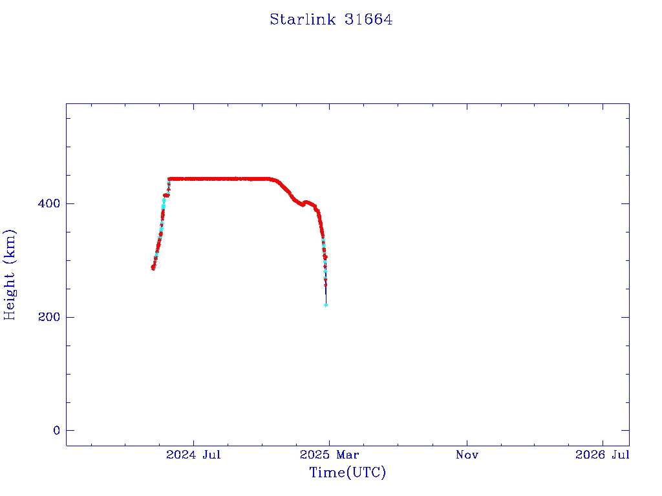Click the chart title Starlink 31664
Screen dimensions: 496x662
[331, 19]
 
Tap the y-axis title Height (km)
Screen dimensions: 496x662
[10, 274]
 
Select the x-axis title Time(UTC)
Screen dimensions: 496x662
[347, 473]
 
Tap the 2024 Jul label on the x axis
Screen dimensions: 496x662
[193, 455]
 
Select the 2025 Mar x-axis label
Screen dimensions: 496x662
[328, 455]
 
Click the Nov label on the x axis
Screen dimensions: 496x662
[467, 455]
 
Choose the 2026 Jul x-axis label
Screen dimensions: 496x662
[603, 455]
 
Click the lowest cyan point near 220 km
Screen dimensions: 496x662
[326, 305]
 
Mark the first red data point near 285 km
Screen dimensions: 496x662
[153, 267]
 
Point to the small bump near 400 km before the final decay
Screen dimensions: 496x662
[306, 202]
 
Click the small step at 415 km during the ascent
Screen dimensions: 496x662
[166, 195]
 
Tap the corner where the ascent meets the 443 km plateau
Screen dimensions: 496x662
[169, 179]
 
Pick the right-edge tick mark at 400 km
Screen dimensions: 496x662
[625, 203]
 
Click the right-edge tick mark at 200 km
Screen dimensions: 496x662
[625, 317]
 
